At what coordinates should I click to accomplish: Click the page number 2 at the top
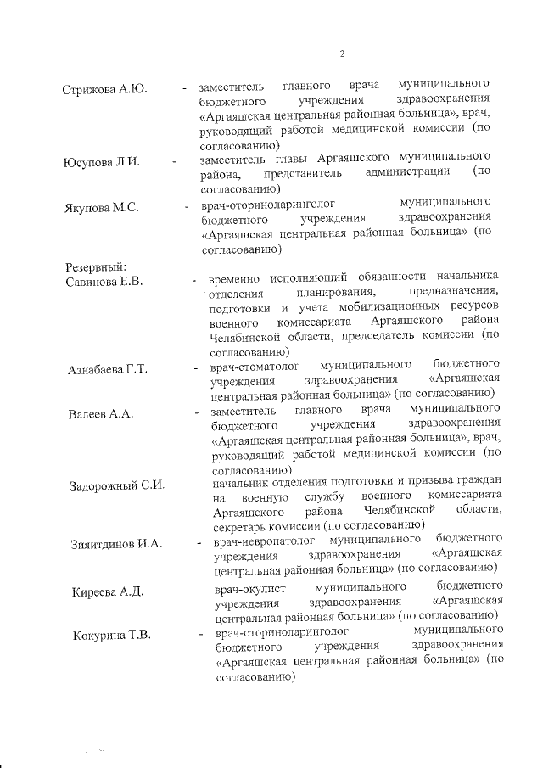(x=342, y=55)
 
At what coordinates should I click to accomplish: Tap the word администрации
(x=406, y=173)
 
